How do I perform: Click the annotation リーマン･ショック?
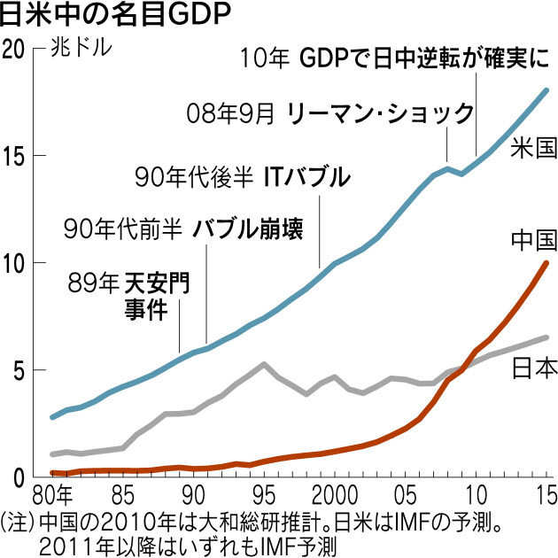[381, 112]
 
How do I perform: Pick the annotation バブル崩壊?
[249, 229]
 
